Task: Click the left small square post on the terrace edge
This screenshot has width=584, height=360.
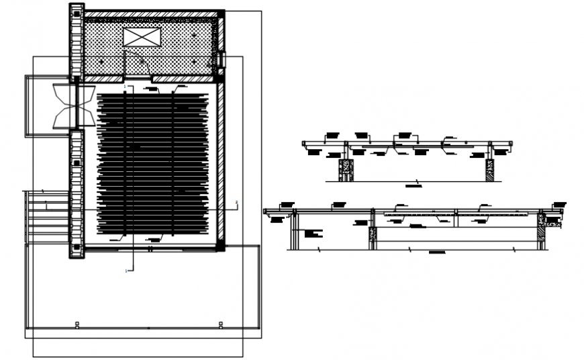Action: [x=77, y=325]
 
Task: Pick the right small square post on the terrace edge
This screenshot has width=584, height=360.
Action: [x=220, y=325]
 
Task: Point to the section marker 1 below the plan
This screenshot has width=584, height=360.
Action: [x=126, y=270]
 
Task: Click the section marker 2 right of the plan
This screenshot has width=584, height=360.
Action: [x=236, y=201]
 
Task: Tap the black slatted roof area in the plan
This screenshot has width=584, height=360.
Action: [x=153, y=165]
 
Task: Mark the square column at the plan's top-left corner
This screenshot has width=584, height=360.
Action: [x=77, y=11]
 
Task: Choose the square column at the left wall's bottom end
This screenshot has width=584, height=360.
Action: [x=77, y=252]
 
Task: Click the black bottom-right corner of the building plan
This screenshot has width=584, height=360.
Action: [x=222, y=249]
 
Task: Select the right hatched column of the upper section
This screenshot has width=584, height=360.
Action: [x=490, y=170]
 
